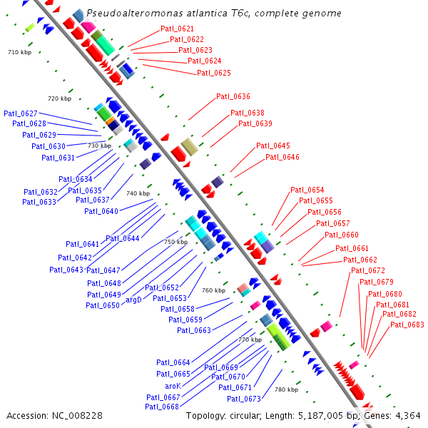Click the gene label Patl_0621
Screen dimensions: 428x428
click(177, 29)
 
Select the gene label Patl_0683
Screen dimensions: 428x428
click(407, 325)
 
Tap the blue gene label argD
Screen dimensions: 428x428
click(133, 300)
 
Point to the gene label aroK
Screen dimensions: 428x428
click(173, 386)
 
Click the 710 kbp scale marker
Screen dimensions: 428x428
click(20, 53)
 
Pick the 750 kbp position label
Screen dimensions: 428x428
click(175, 242)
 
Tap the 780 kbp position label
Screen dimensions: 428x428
click(286, 389)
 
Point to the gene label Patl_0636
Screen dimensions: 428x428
click(233, 96)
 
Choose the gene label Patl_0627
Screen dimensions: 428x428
click(21, 113)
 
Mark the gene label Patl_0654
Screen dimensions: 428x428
click(307, 190)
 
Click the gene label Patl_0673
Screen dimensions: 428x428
click(244, 399)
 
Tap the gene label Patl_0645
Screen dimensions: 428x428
click(273, 146)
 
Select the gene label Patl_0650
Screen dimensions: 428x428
click(103, 305)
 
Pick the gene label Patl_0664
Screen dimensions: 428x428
click(173, 363)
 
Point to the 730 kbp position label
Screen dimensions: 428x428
click(99, 146)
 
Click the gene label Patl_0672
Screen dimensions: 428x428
click(367, 270)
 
